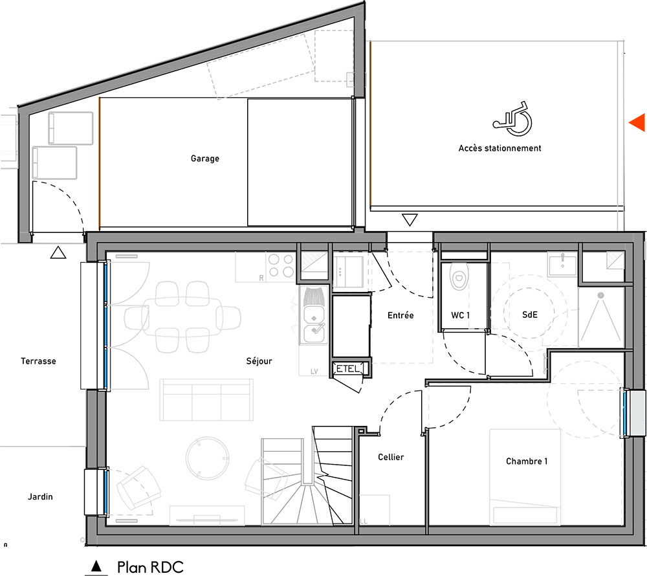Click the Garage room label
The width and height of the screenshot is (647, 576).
[x=204, y=159]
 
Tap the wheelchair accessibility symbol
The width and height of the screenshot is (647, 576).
[x=512, y=119]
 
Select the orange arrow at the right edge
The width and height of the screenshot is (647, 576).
[x=637, y=122]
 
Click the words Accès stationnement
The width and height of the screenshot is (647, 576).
[x=499, y=148]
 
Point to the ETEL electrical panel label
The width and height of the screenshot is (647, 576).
[x=348, y=368]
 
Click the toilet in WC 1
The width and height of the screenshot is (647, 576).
[x=459, y=276]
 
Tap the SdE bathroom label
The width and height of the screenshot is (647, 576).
[x=530, y=315]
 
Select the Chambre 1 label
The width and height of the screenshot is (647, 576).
[x=527, y=461]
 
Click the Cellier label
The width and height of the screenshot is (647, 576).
[x=391, y=457]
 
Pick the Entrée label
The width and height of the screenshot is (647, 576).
[x=400, y=315]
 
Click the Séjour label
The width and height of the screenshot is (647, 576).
[x=259, y=361]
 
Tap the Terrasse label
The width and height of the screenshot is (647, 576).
[x=38, y=361]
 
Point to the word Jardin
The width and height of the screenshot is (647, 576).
[x=40, y=497]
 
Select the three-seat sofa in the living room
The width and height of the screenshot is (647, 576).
[x=206, y=399]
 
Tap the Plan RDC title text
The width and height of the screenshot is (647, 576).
[x=150, y=568]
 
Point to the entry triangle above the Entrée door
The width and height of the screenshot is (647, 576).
[x=410, y=219]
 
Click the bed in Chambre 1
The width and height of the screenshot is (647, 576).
[x=525, y=477]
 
